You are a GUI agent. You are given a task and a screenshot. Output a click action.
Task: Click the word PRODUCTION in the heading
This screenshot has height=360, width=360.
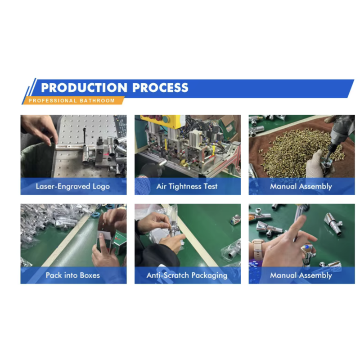(84, 88)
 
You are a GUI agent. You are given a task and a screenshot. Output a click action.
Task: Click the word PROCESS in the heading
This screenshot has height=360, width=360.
(160, 88)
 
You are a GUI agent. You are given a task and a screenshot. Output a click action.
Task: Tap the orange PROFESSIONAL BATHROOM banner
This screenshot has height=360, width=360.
(73, 100)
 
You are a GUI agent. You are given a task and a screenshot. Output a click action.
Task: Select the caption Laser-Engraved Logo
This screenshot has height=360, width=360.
(73, 186)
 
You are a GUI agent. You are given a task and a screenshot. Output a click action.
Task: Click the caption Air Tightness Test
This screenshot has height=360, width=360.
(187, 186)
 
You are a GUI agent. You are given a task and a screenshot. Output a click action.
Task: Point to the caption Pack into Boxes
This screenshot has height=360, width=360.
(73, 275)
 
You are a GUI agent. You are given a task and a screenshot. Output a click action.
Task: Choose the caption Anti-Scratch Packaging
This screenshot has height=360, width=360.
(187, 275)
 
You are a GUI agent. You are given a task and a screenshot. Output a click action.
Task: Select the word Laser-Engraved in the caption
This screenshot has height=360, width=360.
(63, 186)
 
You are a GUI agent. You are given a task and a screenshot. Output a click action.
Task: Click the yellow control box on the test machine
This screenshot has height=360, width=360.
(162, 121)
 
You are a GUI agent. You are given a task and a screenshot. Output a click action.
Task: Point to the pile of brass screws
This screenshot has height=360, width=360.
(298, 152)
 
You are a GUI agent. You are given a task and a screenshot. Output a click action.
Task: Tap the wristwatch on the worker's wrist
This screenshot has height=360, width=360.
(257, 249)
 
